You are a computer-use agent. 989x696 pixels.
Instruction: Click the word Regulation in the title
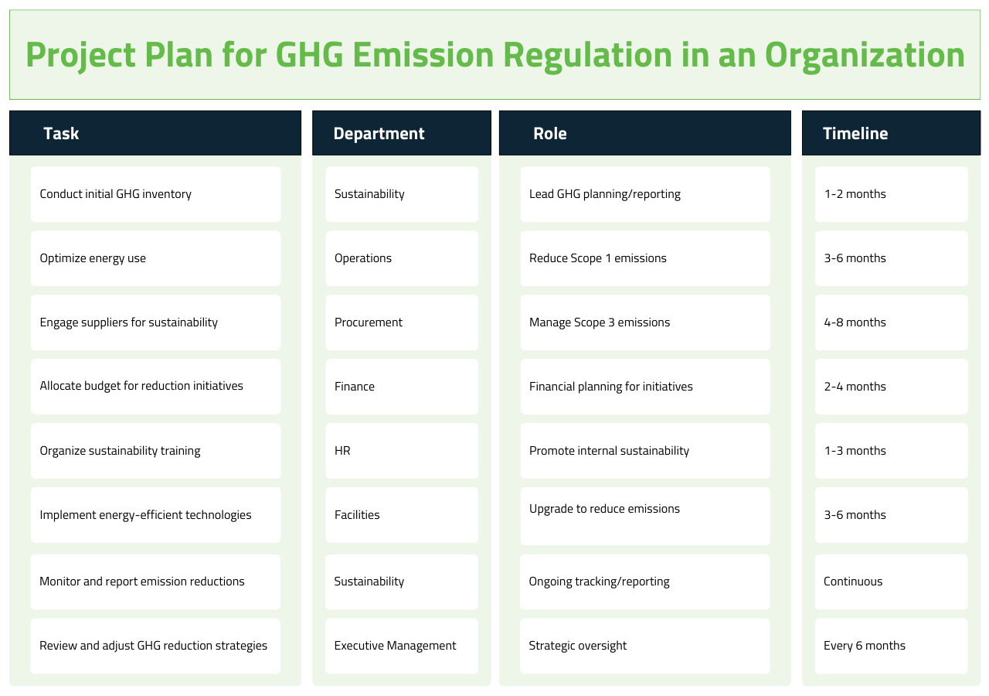(587, 55)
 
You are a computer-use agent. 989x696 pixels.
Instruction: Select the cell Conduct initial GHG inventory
(155, 194)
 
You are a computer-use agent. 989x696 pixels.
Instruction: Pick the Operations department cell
(402, 258)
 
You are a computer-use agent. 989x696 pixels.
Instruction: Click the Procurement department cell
(402, 322)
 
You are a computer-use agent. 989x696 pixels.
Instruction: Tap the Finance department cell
(402, 387)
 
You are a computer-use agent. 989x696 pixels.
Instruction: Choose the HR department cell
(402, 451)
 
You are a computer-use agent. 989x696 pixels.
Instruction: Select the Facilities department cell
(402, 515)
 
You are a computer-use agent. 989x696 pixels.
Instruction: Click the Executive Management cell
(401, 646)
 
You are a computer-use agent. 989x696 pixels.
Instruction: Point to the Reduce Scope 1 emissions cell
(645, 258)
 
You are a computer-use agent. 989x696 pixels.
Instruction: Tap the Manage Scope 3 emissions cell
(645, 322)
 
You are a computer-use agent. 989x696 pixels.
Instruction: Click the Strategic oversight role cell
(644, 646)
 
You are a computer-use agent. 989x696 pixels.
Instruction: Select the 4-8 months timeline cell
(892, 322)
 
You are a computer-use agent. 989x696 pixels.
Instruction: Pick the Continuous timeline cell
(891, 582)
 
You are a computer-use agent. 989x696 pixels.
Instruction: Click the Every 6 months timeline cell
(891, 646)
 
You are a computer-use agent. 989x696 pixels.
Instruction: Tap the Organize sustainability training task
(155, 451)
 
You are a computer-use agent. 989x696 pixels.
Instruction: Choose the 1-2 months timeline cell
(892, 194)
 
